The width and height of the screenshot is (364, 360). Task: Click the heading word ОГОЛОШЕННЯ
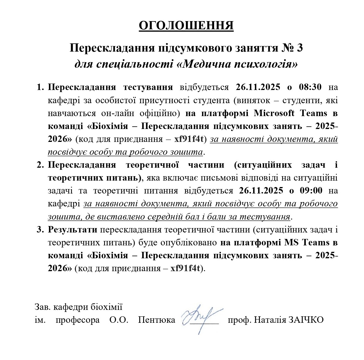[x=186, y=26]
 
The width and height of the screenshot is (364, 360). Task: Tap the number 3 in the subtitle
[x=299, y=48]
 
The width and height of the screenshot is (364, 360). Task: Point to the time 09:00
[x=311, y=191]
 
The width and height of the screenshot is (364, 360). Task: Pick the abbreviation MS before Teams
[x=292, y=242]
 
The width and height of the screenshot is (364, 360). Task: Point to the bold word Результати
[x=73, y=230]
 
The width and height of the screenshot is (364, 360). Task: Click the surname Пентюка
[x=157, y=320]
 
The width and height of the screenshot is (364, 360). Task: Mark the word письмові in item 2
[x=218, y=178]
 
